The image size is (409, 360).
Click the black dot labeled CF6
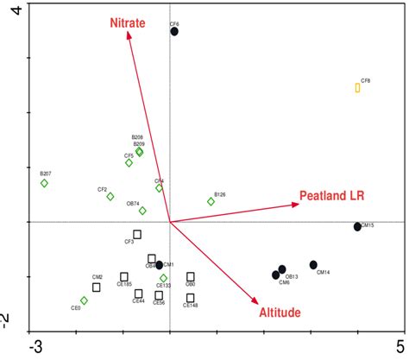click(174, 31)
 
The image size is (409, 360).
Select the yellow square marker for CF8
click(357, 88)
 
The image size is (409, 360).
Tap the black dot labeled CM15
click(357, 227)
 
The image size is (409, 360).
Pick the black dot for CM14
click(313, 265)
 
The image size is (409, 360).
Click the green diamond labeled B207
click(44, 183)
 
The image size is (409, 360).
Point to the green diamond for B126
click(211, 202)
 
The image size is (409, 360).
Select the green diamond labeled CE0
click(84, 300)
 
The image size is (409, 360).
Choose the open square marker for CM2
click(97, 287)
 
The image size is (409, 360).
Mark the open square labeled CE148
click(190, 298)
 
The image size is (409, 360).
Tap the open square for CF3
click(137, 234)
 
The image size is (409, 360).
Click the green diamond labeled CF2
click(110, 197)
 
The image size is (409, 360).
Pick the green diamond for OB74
click(143, 211)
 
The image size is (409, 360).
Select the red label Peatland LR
click(331, 197)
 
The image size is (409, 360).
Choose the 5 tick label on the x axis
click(399, 347)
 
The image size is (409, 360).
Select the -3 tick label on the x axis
click(35, 347)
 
